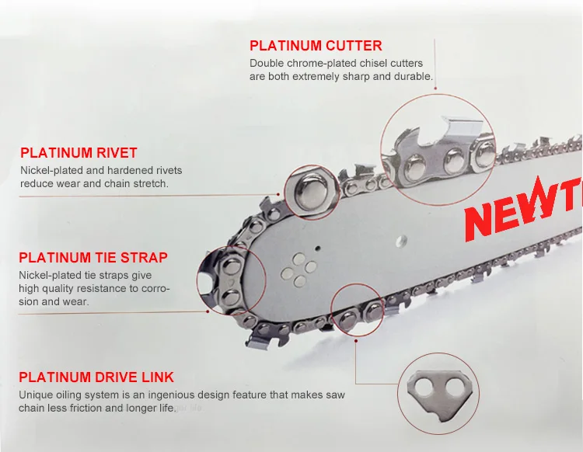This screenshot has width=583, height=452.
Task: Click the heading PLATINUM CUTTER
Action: pos(316,46)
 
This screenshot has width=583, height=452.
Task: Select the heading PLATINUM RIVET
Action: pos(79,153)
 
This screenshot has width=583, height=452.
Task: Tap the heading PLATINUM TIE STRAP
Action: pos(93,257)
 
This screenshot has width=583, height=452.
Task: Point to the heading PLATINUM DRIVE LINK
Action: pos(96,377)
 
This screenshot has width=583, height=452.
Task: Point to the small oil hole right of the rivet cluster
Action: pos(318,249)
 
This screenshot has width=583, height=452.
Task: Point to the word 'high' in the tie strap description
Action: pos(30,289)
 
